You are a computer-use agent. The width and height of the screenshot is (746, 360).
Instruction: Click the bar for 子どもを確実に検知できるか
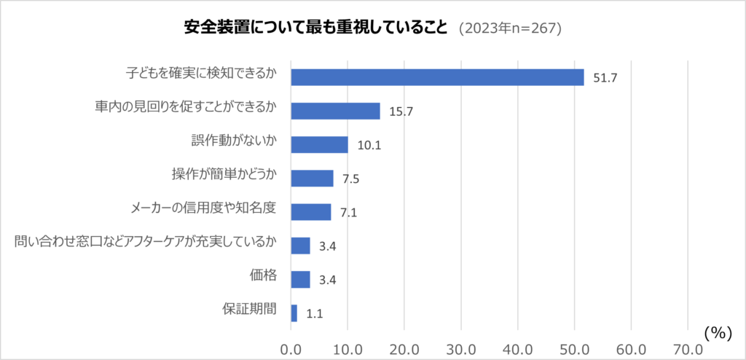[x=437, y=77]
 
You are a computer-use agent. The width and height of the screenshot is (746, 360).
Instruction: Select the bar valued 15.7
[x=335, y=111]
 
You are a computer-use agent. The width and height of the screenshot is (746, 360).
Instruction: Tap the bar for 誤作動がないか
[x=319, y=144]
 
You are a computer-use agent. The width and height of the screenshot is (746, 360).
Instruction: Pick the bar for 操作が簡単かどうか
[x=312, y=178]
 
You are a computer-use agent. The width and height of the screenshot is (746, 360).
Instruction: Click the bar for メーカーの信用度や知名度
[x=310, y=212]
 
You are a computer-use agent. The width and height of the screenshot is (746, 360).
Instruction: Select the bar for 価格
[x=300, y=279]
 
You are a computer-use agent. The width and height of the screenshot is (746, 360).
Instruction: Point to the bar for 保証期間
[x=294, y=313]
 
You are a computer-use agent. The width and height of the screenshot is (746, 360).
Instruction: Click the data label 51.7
[x=605, y=78]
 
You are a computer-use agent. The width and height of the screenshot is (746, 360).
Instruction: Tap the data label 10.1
[x=369, y=145]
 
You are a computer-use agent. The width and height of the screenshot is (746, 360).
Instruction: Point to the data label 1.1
[x=315, y=313]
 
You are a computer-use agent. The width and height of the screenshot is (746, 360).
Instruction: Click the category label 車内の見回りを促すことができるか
[x=186, y=107]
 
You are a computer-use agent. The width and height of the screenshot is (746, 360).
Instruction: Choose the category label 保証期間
[x=249, y=308]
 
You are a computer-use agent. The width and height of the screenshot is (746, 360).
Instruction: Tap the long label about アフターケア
[x=146, y=241]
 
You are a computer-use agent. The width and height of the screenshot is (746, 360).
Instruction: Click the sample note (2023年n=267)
[x=509, y=28]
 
